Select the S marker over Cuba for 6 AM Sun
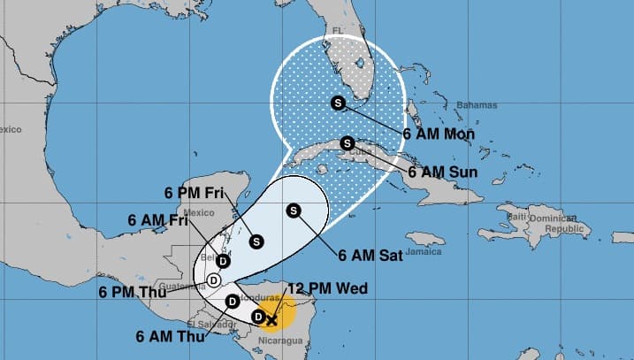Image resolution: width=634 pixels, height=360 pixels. click(x=347, y=142)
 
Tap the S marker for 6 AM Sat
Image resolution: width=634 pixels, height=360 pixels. click(x=293, y=210)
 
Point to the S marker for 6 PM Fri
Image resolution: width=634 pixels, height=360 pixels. click(x=256, y=239)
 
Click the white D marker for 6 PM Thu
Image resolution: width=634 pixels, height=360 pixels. click(x=213, y=280)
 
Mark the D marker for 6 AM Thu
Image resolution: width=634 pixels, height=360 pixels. click(x=232, y=301)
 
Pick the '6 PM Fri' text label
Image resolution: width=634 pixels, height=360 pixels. click(x=195, y=192)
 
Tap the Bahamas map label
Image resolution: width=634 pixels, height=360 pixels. click(x=470, y=105)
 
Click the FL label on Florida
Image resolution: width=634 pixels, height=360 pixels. click(x=336, y=30)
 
